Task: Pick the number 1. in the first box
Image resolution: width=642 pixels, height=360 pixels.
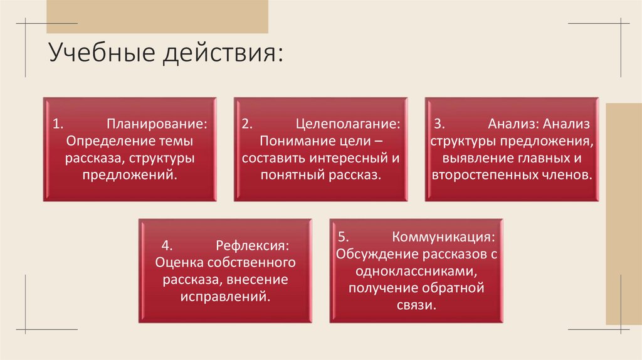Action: click(x=57, y=124)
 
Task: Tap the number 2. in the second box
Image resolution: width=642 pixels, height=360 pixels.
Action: click(x=247, y=124)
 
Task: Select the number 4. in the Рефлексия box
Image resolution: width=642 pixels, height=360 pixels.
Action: click(x=166, y=245)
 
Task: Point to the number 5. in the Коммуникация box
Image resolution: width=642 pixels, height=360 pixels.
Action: click(x=343, y=238)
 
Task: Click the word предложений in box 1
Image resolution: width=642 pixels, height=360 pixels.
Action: click(x=129, y=174)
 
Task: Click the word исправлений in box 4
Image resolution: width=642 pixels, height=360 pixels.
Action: click(x=225, y=295)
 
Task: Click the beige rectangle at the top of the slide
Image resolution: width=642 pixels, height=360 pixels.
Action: click(x=157, y=16)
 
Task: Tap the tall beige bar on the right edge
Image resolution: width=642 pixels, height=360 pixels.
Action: click(x=623, y=213)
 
